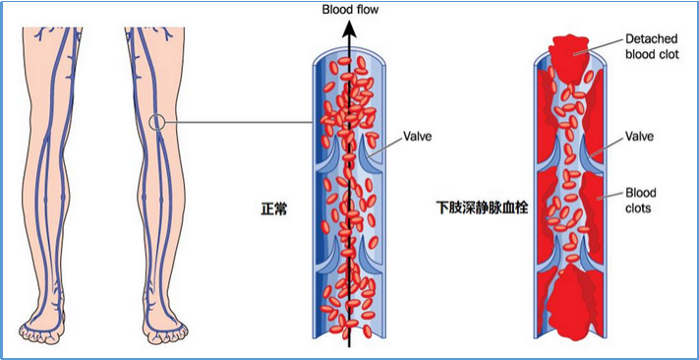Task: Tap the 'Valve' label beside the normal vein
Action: (x=417, y=138)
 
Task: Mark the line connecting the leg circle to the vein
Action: (x=236, y=123)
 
